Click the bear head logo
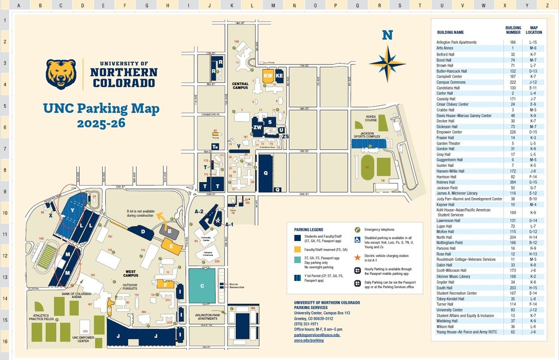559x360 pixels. (61, 74)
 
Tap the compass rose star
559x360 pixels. (387, 63)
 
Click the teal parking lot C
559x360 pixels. (202, 286)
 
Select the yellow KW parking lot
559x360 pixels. (268, 76)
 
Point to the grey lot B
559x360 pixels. (170, 231)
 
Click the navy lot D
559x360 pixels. (143, 232)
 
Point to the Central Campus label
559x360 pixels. (240, 86)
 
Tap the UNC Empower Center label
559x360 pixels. (84, 340)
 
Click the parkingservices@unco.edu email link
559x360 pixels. (317, 334)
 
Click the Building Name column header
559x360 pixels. (450, 33)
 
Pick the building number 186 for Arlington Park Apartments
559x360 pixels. (513, 42)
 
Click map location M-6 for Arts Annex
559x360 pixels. (533, 48)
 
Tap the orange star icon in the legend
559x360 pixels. (358, 256)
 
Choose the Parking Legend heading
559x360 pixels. (308, 230)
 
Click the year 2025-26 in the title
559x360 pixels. (101, 124)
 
